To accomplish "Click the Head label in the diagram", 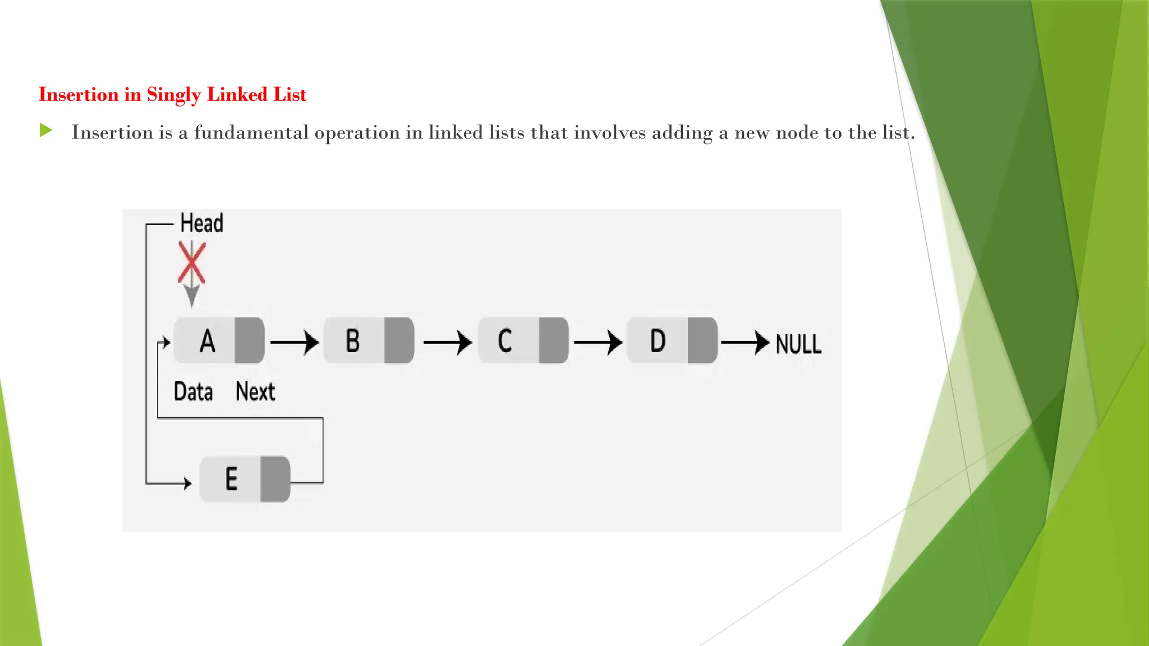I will [201, 223].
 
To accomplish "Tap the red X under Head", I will [192, 262].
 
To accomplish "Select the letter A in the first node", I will [207, 340].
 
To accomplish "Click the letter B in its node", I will [352, 340].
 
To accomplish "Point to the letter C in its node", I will [505, 340].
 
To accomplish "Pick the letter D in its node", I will [658, 340].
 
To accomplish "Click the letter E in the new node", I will [231, 479].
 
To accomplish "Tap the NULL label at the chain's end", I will [798, 344].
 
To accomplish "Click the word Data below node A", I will [193, 391].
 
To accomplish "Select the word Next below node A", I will [255, 391].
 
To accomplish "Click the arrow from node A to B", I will [295, 342].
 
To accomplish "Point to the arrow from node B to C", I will [447, 342].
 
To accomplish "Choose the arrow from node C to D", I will [598, 342].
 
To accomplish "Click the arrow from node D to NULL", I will [745, 342].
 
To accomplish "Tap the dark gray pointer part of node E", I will [275, 479].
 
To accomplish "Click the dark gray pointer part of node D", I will [702, 340].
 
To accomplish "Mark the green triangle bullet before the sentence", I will [46, 131].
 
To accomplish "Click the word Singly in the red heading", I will [173, 95].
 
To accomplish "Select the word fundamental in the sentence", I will [251, 132].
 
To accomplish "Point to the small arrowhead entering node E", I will [187, 482].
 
